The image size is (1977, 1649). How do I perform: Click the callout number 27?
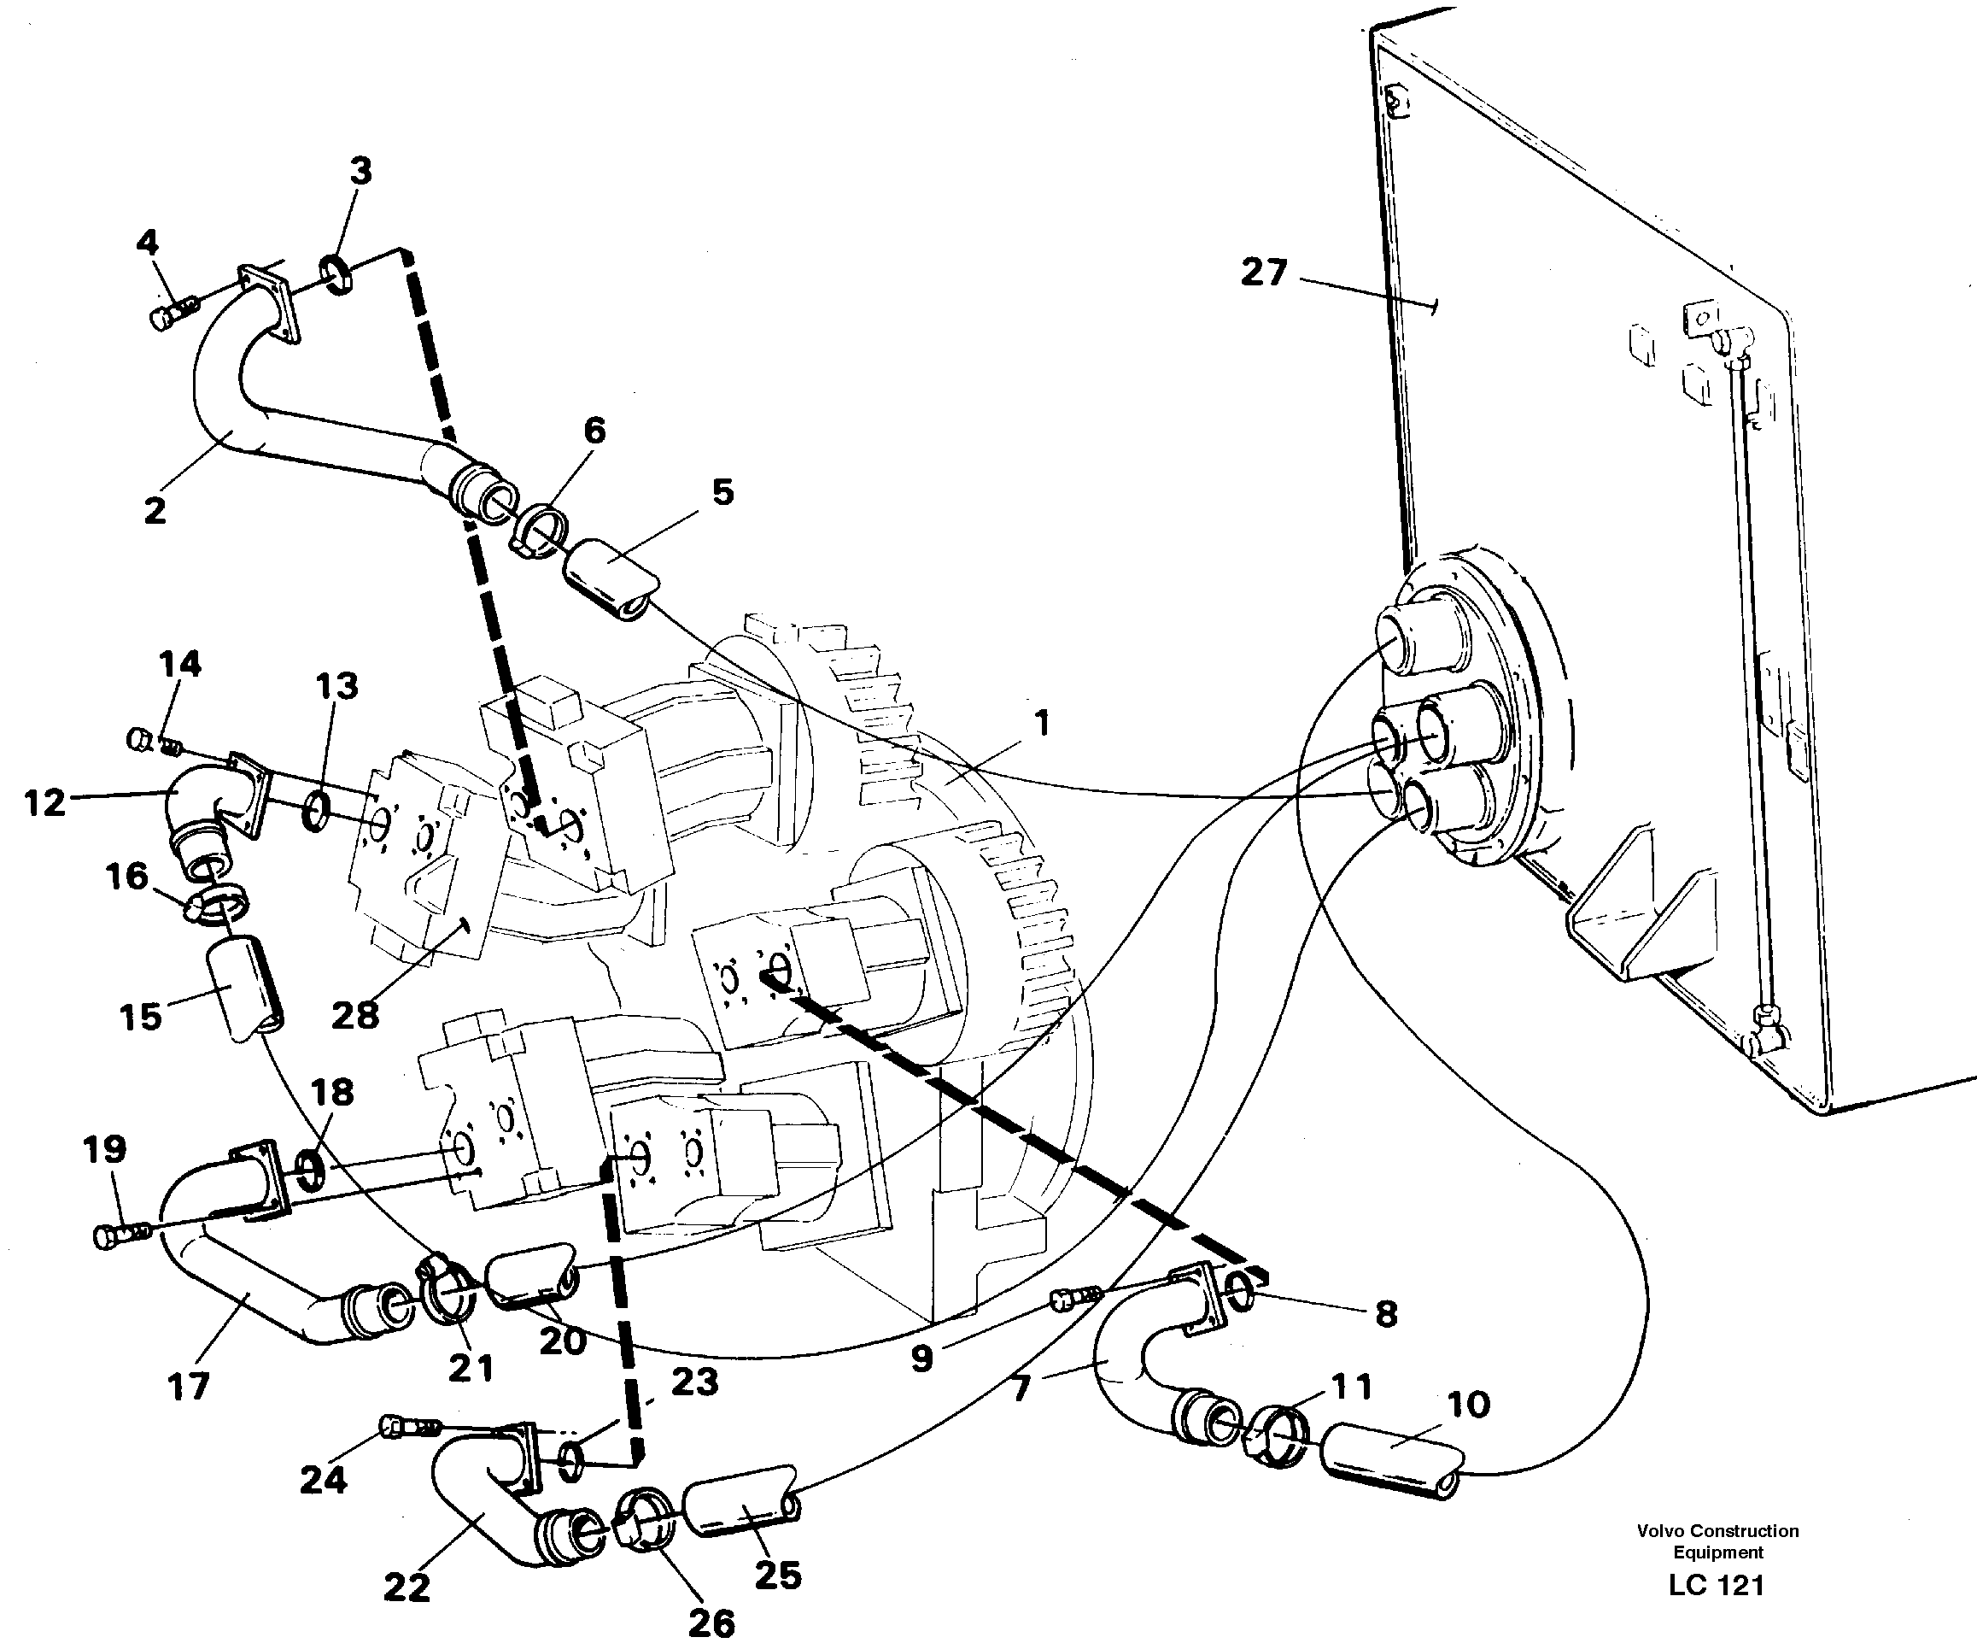click(x=1262, y=273)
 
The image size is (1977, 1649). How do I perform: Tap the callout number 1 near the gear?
click(x=1040, y=725)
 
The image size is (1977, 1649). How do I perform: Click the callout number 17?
click(x=187, y=1386)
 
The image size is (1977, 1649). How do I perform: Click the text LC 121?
click(x=1716, y=1586)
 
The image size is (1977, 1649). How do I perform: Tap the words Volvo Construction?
click(x=1717, y=1531)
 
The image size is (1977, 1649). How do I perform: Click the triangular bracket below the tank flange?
click(x=1638, y=913)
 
